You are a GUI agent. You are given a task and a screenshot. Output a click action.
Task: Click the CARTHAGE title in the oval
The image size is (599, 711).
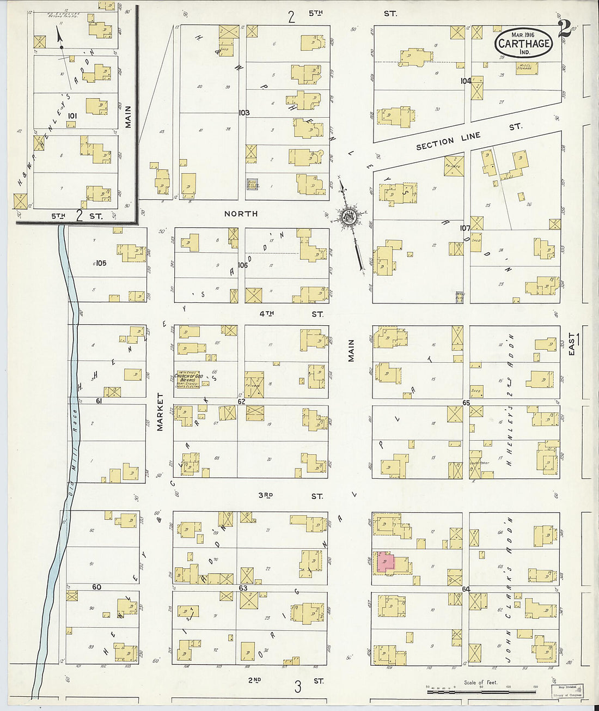point(523,43)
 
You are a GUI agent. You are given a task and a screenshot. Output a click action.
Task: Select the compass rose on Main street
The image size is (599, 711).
point(348,218)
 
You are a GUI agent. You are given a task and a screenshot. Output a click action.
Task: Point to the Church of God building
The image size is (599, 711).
point(187,379)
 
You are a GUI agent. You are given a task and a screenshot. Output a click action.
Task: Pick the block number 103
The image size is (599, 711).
point(243,113)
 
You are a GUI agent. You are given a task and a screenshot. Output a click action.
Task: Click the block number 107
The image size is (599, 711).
point(464,228)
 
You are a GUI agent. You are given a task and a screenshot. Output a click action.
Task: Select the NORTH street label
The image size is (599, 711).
point(241,214)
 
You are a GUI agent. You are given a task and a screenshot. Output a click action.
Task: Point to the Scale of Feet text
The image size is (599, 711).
point(480,682)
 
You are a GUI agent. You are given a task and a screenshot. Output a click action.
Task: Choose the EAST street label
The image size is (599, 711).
point(572,345)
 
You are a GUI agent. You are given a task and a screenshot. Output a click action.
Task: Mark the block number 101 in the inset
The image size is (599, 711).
point(72,116)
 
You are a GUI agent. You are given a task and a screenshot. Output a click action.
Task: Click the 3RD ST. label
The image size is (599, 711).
point(290,496)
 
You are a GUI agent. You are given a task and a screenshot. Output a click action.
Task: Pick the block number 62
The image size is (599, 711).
point(241,402)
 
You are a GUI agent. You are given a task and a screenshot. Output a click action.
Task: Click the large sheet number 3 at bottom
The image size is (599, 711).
point(297,687)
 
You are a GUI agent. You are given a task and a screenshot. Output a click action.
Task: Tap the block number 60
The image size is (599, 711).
point(96,587)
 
